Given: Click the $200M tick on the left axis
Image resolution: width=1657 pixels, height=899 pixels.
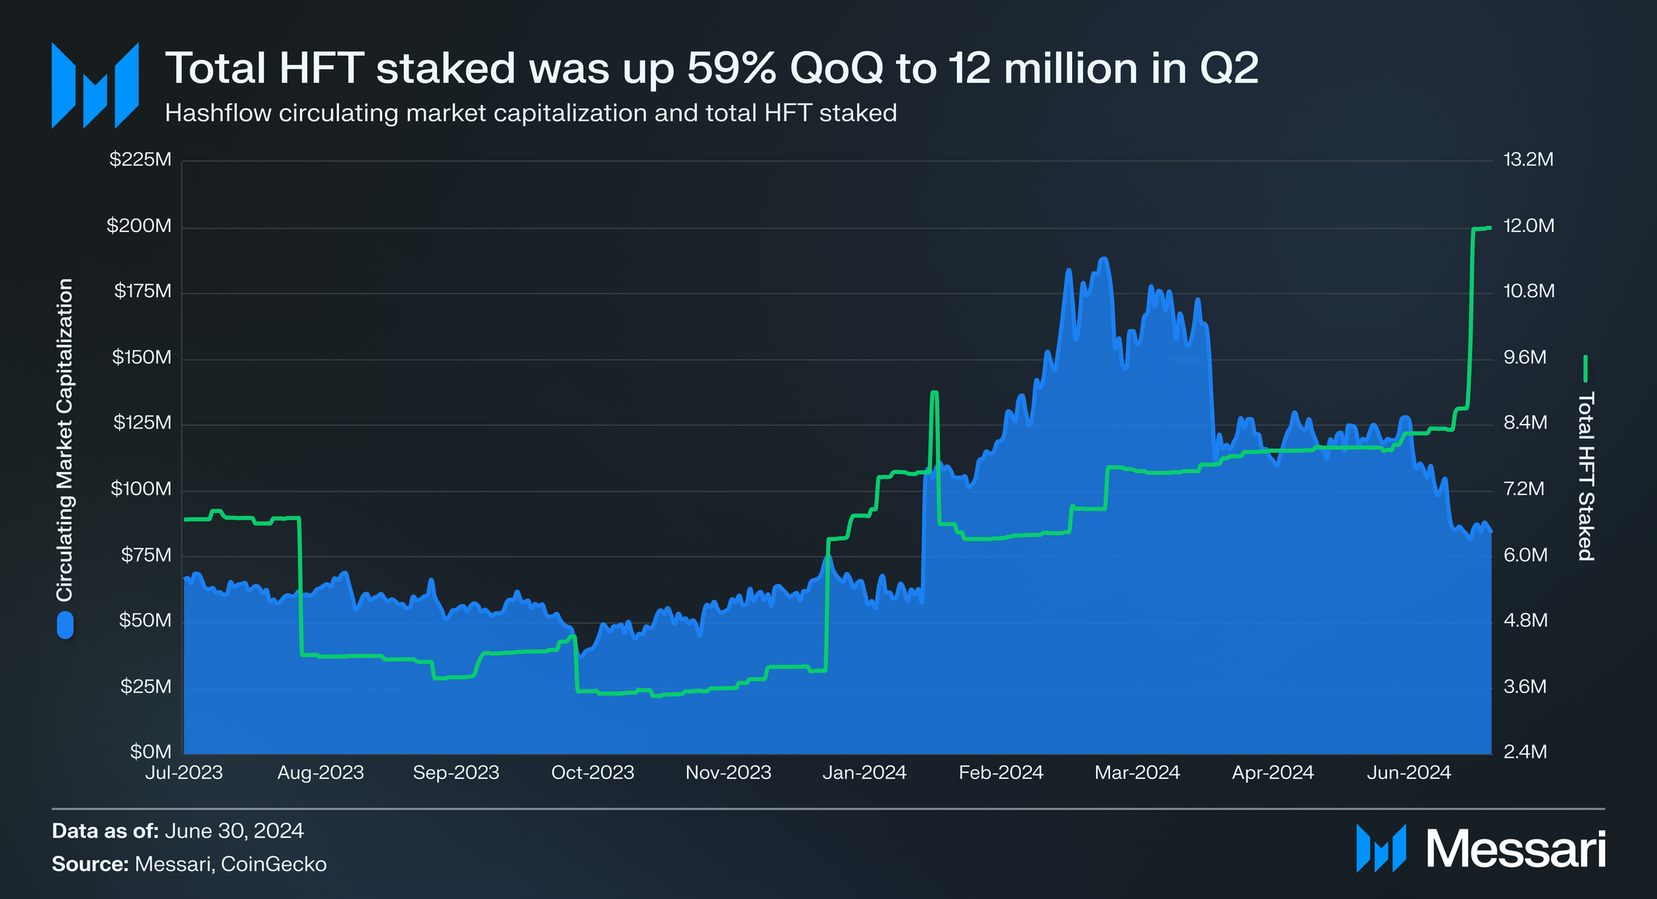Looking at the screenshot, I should tap(139, 226).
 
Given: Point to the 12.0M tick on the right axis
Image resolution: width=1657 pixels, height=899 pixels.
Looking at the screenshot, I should tap(1529, 226).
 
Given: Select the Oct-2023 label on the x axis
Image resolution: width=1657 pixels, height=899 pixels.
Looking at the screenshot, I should tap(593, 772).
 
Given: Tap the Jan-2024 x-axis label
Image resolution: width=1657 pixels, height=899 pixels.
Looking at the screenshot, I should tap(864, 772).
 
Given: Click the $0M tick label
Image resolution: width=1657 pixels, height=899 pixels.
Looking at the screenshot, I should tap(150, 752).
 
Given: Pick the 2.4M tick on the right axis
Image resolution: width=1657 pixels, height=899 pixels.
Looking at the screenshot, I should tap(1525, 752).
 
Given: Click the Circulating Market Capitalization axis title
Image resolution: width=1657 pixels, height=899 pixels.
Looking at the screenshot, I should tap(65, 439).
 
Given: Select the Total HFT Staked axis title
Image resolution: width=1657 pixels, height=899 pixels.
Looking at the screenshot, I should tap(1585, 476).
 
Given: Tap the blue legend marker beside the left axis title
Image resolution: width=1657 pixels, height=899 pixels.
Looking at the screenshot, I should tap(65, 625).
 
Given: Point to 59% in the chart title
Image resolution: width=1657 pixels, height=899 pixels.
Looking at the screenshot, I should tap(731, 68).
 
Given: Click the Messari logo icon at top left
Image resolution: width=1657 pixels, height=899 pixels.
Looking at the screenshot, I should tap(94, 85).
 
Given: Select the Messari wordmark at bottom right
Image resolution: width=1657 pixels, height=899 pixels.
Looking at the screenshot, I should tap(1515, 849).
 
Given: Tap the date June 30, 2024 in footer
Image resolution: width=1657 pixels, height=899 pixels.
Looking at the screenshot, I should tap(234, 831).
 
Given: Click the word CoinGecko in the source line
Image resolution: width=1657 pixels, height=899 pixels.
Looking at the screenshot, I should tap(274, 864).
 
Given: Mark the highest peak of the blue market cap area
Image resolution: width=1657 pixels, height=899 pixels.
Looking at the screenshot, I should tap(1103, 259).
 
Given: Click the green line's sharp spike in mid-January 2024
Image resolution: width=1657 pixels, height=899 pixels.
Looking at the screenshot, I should tap(934, 393).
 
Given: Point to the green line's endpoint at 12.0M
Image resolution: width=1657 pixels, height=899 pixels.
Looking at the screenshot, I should tap(1490, 227).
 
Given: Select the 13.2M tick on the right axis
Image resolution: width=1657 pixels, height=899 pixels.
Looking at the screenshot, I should tap(1528, 160).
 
